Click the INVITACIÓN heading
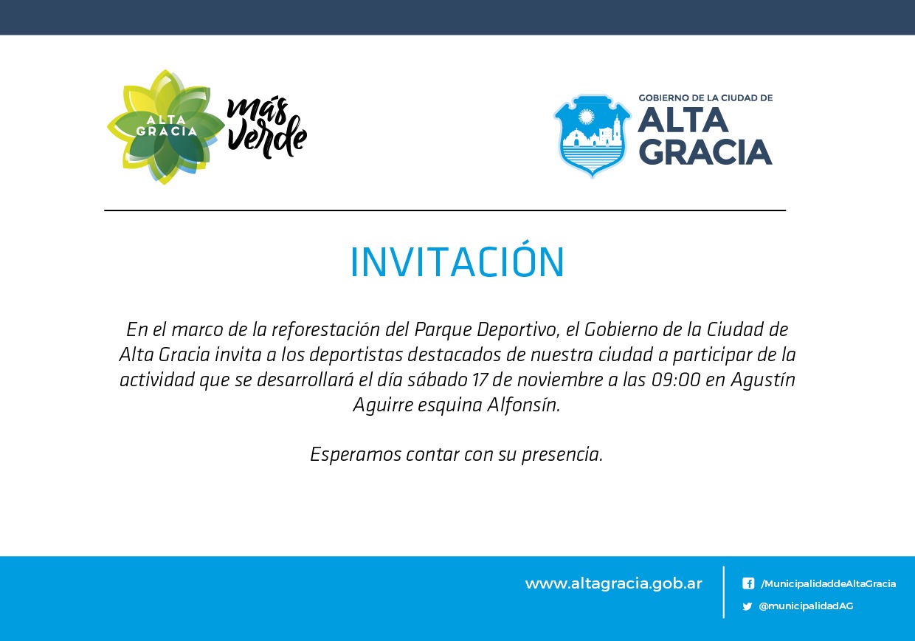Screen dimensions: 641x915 coord(457,262)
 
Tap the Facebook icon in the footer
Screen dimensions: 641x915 coord(747,583)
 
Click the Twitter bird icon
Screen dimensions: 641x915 coord(747,606)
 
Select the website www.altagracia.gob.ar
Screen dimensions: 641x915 coord(613,583)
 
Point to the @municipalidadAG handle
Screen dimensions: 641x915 coord(806,606)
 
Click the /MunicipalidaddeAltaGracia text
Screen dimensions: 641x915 coord(828,583)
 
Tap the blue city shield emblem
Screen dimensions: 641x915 coord(592,136)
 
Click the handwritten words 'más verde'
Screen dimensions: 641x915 coord(266,127)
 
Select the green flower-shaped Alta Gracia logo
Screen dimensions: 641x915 coord(166,127)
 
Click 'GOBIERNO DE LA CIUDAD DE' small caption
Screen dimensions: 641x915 coord(705,97)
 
